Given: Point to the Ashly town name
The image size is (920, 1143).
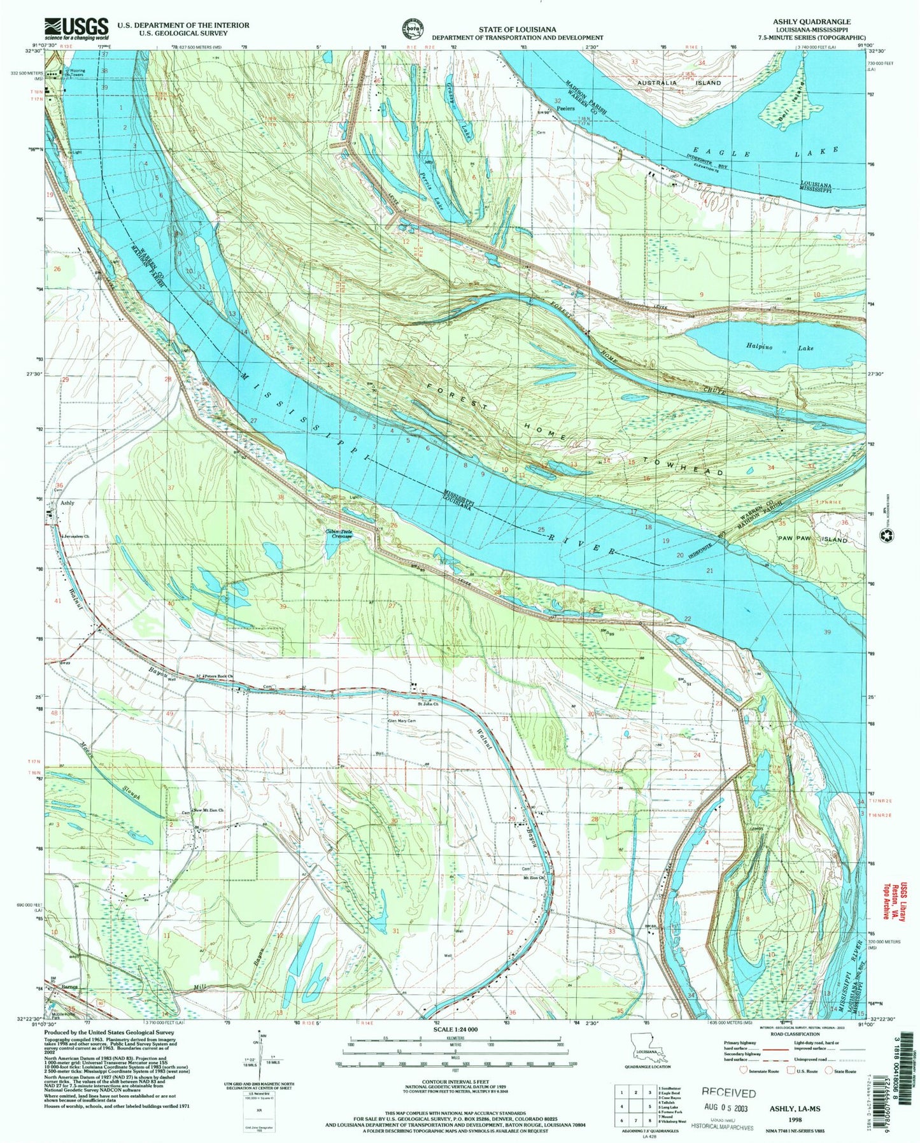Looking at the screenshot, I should point(67,503).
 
